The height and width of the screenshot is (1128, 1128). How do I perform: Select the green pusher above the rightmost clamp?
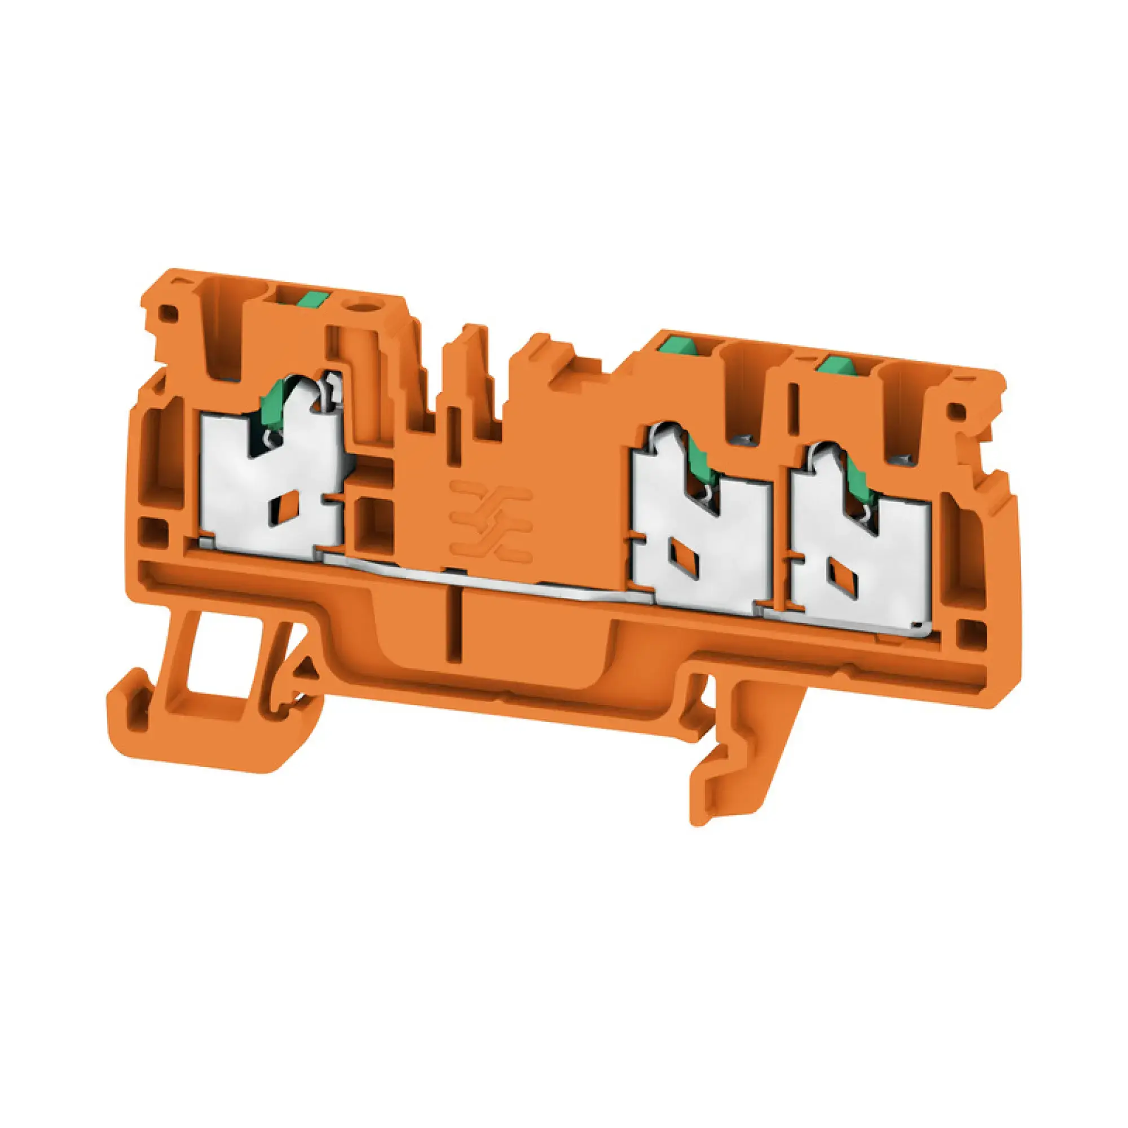point(835,365)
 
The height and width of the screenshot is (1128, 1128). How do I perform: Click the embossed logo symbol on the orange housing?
point(491,517)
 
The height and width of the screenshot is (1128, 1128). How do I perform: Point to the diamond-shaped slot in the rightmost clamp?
point(836,571)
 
